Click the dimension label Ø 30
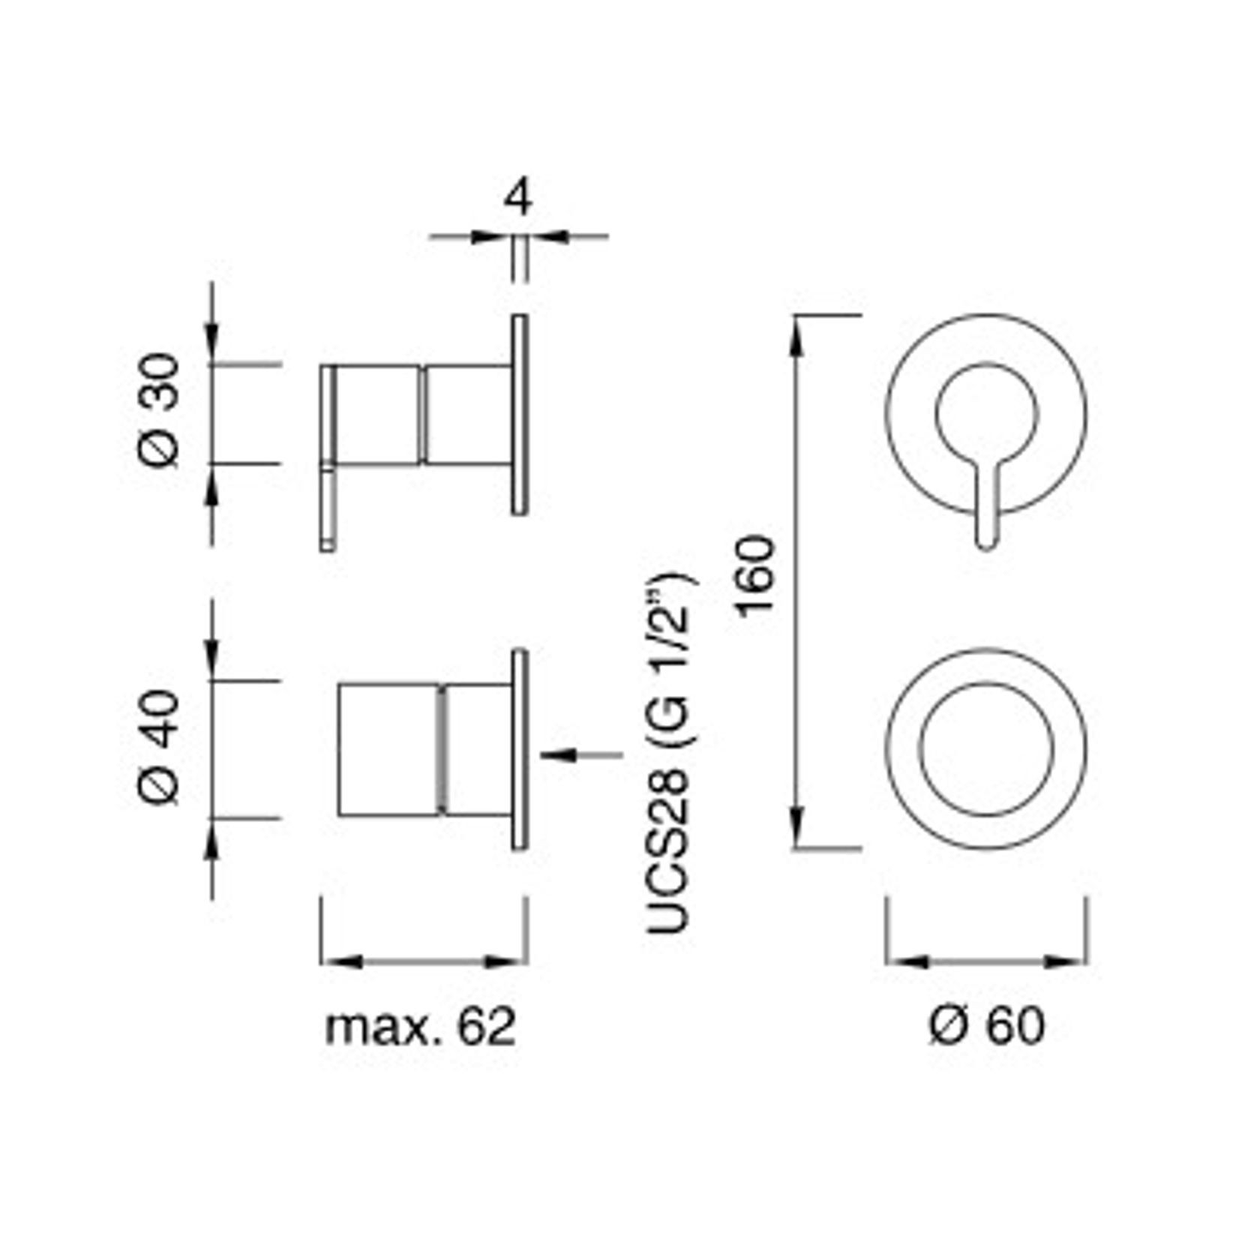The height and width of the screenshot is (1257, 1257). pyautogui.click(x=160, y=410)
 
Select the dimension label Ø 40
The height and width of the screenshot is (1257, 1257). pyautogui.click(x=160, y=748)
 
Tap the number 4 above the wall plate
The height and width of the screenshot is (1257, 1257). pyautogui.click(x=518, y=199)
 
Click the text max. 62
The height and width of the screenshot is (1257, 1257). pyautogui.click(x=420, y=1027)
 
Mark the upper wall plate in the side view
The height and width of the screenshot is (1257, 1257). pyautogui.click(x=520, y=415)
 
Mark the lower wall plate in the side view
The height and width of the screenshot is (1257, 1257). pyautogui.click(x=520, y=749)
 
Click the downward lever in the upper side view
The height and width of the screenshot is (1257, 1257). pyautogui.click(x=328, y=510)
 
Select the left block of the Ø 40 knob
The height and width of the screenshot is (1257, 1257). pyautogui.click(x=388, y=749)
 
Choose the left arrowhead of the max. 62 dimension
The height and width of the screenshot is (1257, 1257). pyautogui.click(x=342, y=962)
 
